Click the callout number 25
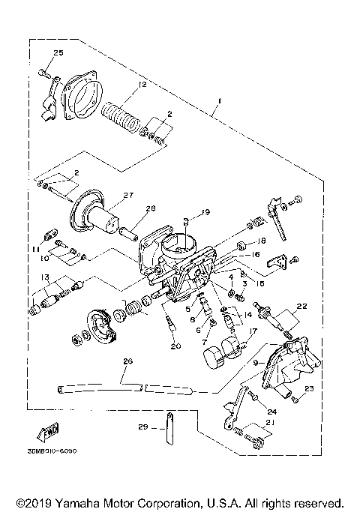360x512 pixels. pos(58,52)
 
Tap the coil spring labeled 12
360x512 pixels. pos(122,117)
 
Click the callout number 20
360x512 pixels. pos(175,346)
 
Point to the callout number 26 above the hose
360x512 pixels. pos(127,362)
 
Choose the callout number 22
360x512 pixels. pos(302,306)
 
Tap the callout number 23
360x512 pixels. pos(307,388)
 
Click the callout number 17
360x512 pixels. pos(253,330)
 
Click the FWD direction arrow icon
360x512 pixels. pos(47,434)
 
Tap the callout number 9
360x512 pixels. pos(256,363)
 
